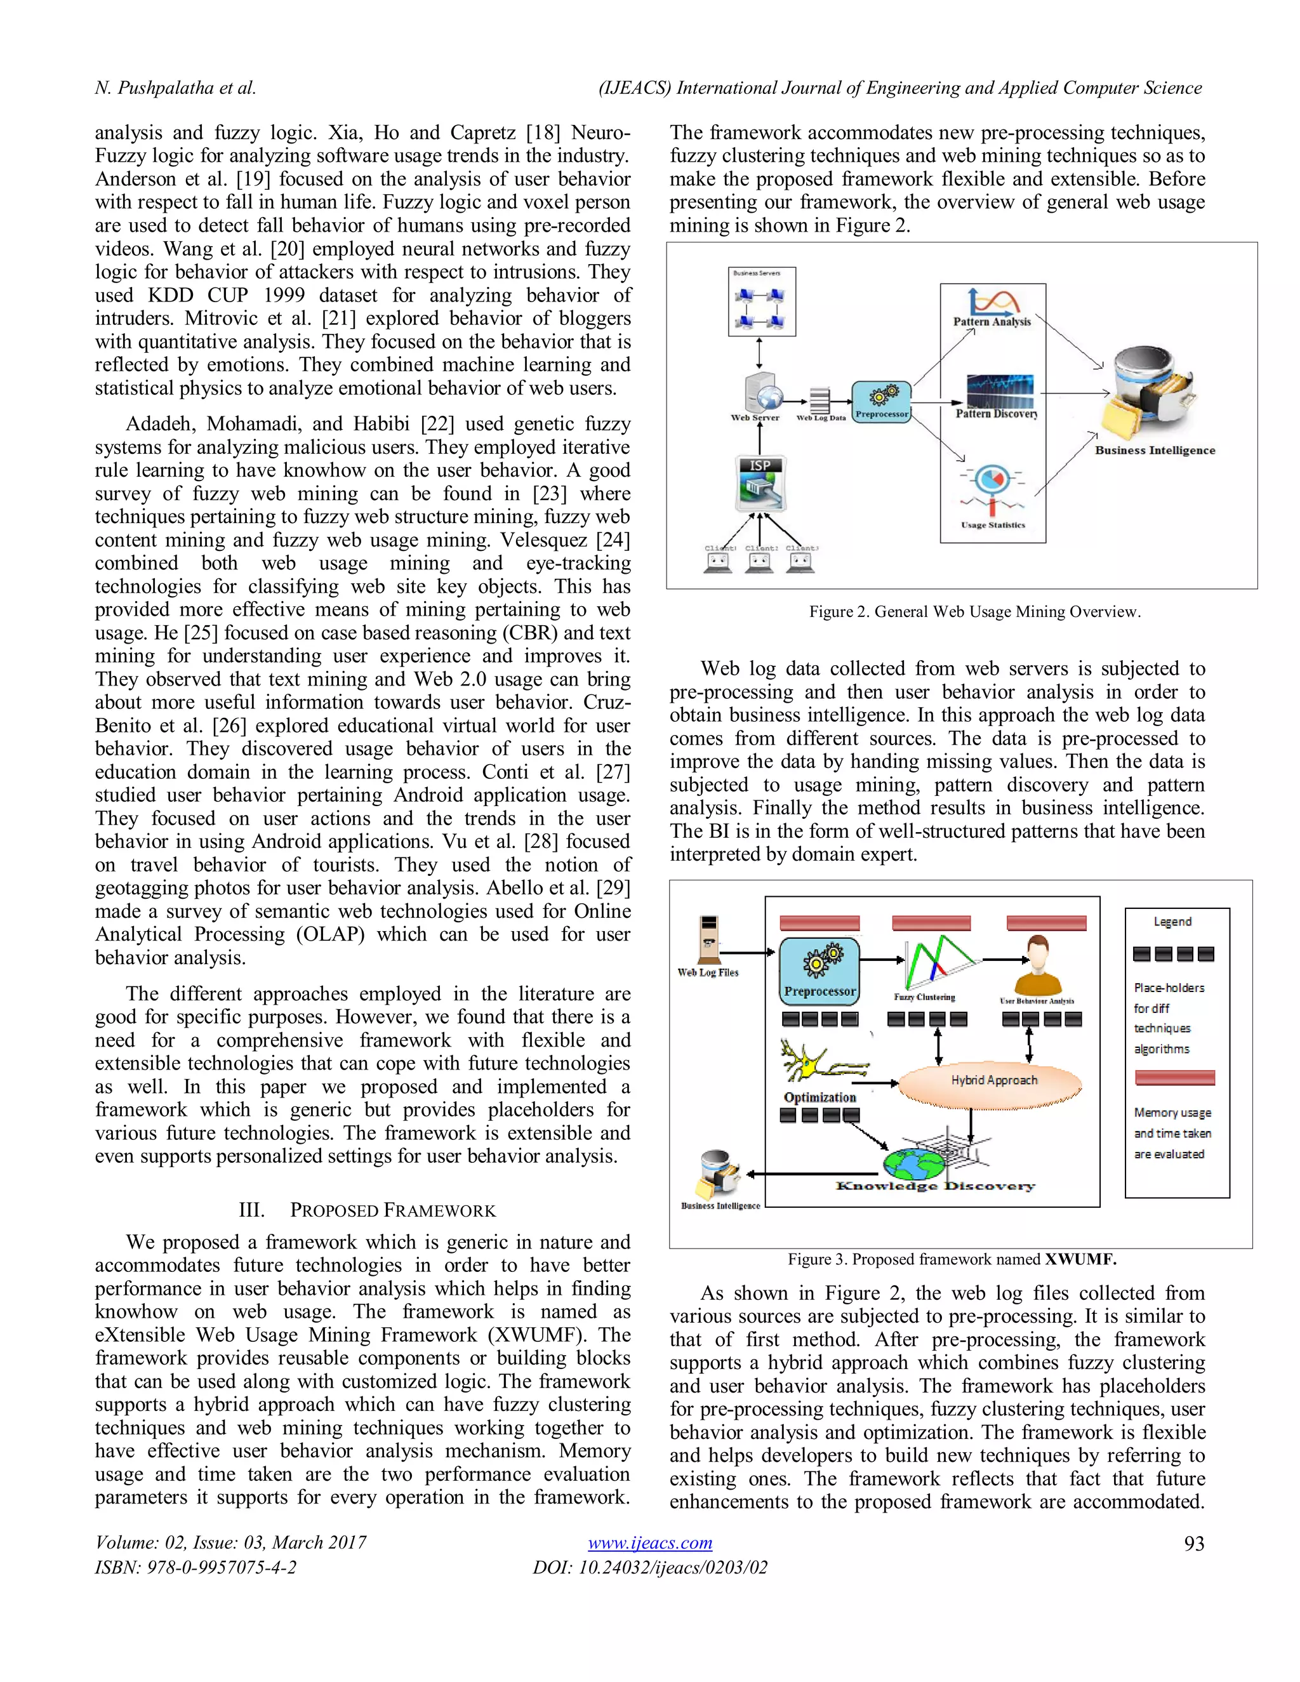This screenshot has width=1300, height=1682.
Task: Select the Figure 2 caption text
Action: (974, 611)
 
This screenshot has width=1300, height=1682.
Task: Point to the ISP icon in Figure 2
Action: (760, 484)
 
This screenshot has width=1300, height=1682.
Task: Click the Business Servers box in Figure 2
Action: (761, 301)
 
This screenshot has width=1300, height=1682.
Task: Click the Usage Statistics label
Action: (993, 526)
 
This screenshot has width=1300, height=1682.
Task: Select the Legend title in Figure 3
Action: (1172, 922)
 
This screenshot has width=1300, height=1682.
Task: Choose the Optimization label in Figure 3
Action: (819, 1097)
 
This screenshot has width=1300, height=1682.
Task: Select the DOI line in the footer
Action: (649, 1567)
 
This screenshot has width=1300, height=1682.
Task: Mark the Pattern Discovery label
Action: (997, 414)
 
